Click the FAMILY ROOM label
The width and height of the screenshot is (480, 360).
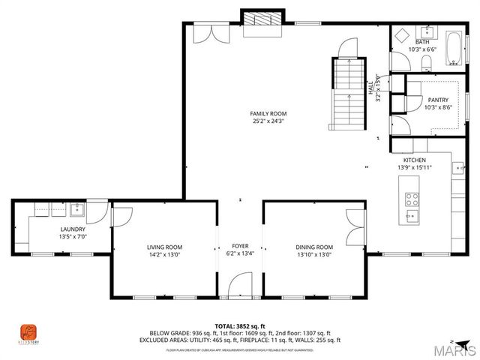coord(268,113)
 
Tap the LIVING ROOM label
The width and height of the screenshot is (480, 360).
coord(163,247)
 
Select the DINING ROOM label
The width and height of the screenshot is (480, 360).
coord(313,247)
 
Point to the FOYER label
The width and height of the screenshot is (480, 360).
coord(240,246)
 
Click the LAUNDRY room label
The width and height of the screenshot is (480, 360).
coord(72,229)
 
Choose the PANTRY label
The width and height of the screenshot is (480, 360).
coord(437,100)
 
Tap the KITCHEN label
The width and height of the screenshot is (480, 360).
coord(415,160)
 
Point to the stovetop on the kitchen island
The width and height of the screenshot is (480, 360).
coord(412,199)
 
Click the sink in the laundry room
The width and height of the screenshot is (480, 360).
coord(78,210)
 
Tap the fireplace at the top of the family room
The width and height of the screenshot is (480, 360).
coord(262,22)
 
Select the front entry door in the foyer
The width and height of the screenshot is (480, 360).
coord(240,285)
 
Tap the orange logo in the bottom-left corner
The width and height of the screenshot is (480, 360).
coord(28,331)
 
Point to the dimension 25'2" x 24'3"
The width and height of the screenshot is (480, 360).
coord(268,120)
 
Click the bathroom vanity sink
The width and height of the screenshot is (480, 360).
coord(427,32)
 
